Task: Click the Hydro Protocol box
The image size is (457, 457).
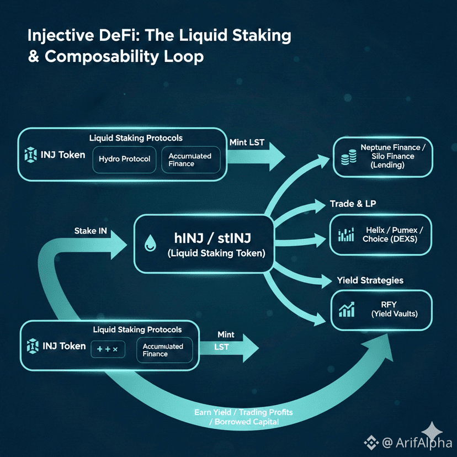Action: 124,159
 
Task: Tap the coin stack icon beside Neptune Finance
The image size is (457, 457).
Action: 349,158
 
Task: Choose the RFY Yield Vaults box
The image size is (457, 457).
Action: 381,309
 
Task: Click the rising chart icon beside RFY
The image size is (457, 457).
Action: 347,310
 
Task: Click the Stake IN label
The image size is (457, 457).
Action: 91,231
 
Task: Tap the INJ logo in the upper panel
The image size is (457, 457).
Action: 30,155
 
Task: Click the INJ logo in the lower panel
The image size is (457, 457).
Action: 32,347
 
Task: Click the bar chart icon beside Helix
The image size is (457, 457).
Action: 346,235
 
